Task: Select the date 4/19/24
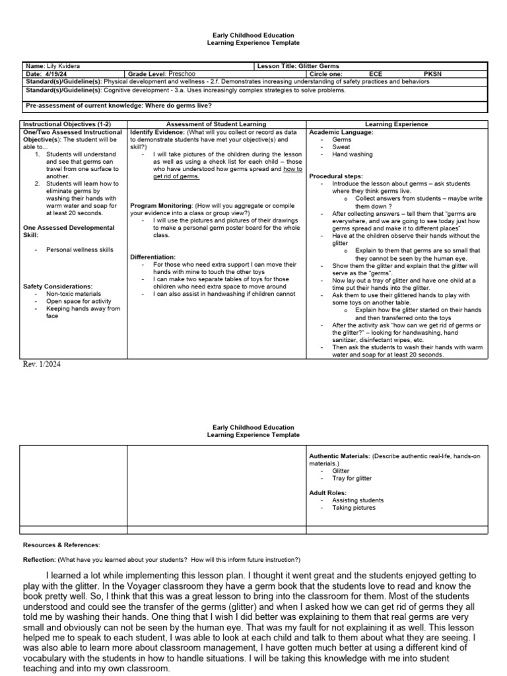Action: coord(55,74)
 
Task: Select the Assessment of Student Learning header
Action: coord(216,124)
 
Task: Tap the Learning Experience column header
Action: coord(396,124)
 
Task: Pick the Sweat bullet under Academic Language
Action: coord(341,147)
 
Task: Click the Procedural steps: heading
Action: coord(338,176)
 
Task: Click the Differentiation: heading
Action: coord(153,257)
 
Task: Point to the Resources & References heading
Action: coord(61,545)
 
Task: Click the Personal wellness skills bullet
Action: coord(79,250)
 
